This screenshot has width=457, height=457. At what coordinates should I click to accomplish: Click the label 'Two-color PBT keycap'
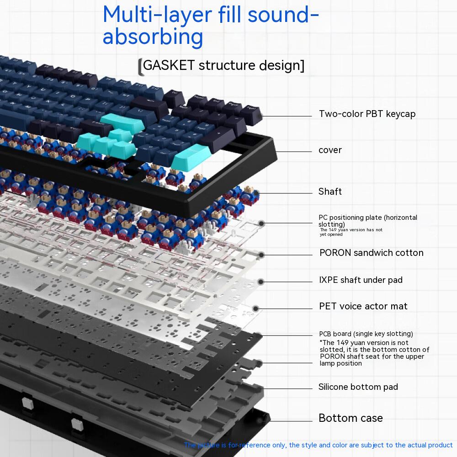pos(367,114)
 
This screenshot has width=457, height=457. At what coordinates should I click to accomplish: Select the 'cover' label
pos(330,150)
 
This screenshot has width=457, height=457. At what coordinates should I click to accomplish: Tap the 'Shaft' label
pos(330,191)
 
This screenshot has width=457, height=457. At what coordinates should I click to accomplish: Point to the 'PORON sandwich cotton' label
pos(371,253)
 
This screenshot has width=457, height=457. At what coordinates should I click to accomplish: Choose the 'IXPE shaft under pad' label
pos(361,280)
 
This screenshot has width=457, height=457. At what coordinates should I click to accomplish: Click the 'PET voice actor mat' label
pos(363,306)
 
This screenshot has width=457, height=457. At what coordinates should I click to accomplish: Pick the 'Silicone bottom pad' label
pos(358,387)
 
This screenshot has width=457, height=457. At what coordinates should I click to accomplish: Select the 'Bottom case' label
pos(351,418)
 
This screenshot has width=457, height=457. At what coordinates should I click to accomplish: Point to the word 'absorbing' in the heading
pos(153,37)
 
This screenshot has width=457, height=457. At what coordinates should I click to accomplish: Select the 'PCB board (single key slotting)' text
pos(366,334)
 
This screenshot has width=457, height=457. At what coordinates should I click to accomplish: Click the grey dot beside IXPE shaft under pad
pos(261,281)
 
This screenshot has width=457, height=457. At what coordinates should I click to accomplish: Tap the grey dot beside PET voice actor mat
pos(256,308)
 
